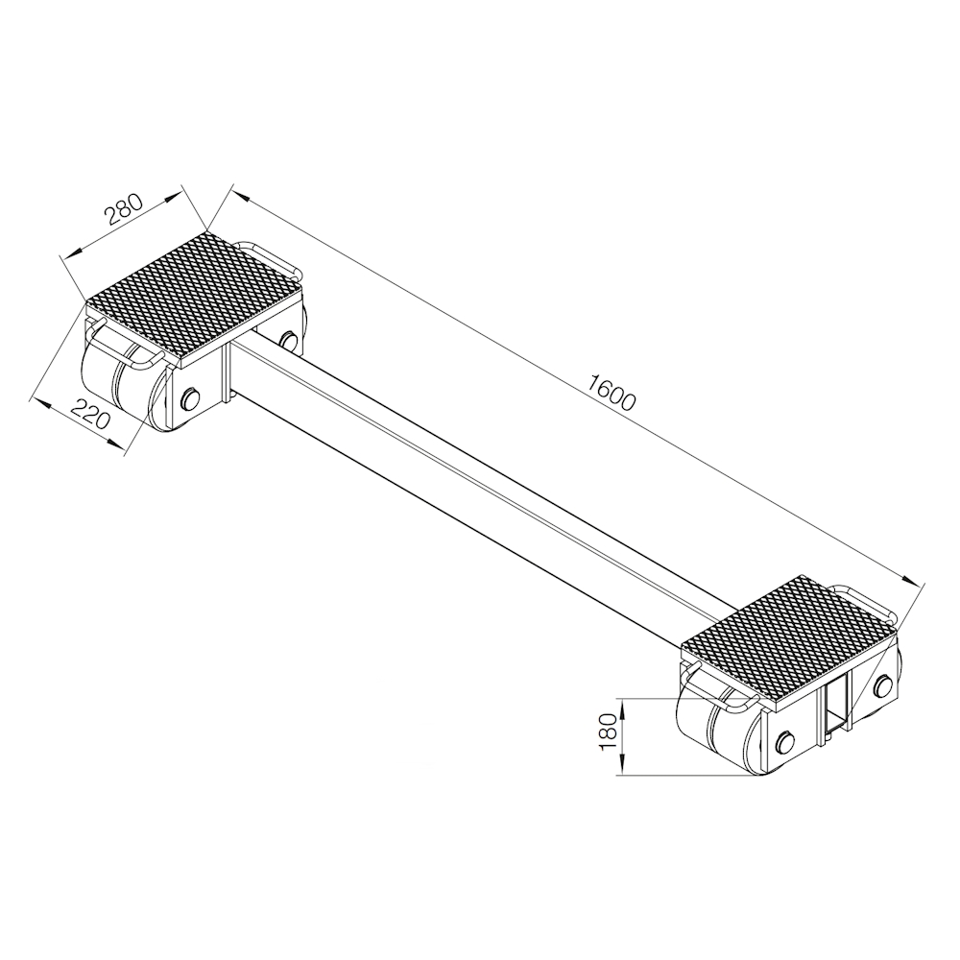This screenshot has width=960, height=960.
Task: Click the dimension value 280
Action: coord(124,208)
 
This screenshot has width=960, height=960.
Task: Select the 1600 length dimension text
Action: coord(612,392)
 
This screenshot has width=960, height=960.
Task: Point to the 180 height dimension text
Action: coord(608,732)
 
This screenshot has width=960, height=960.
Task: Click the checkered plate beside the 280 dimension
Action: coord(195,296)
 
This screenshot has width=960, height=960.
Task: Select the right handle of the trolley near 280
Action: coord(270,258)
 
